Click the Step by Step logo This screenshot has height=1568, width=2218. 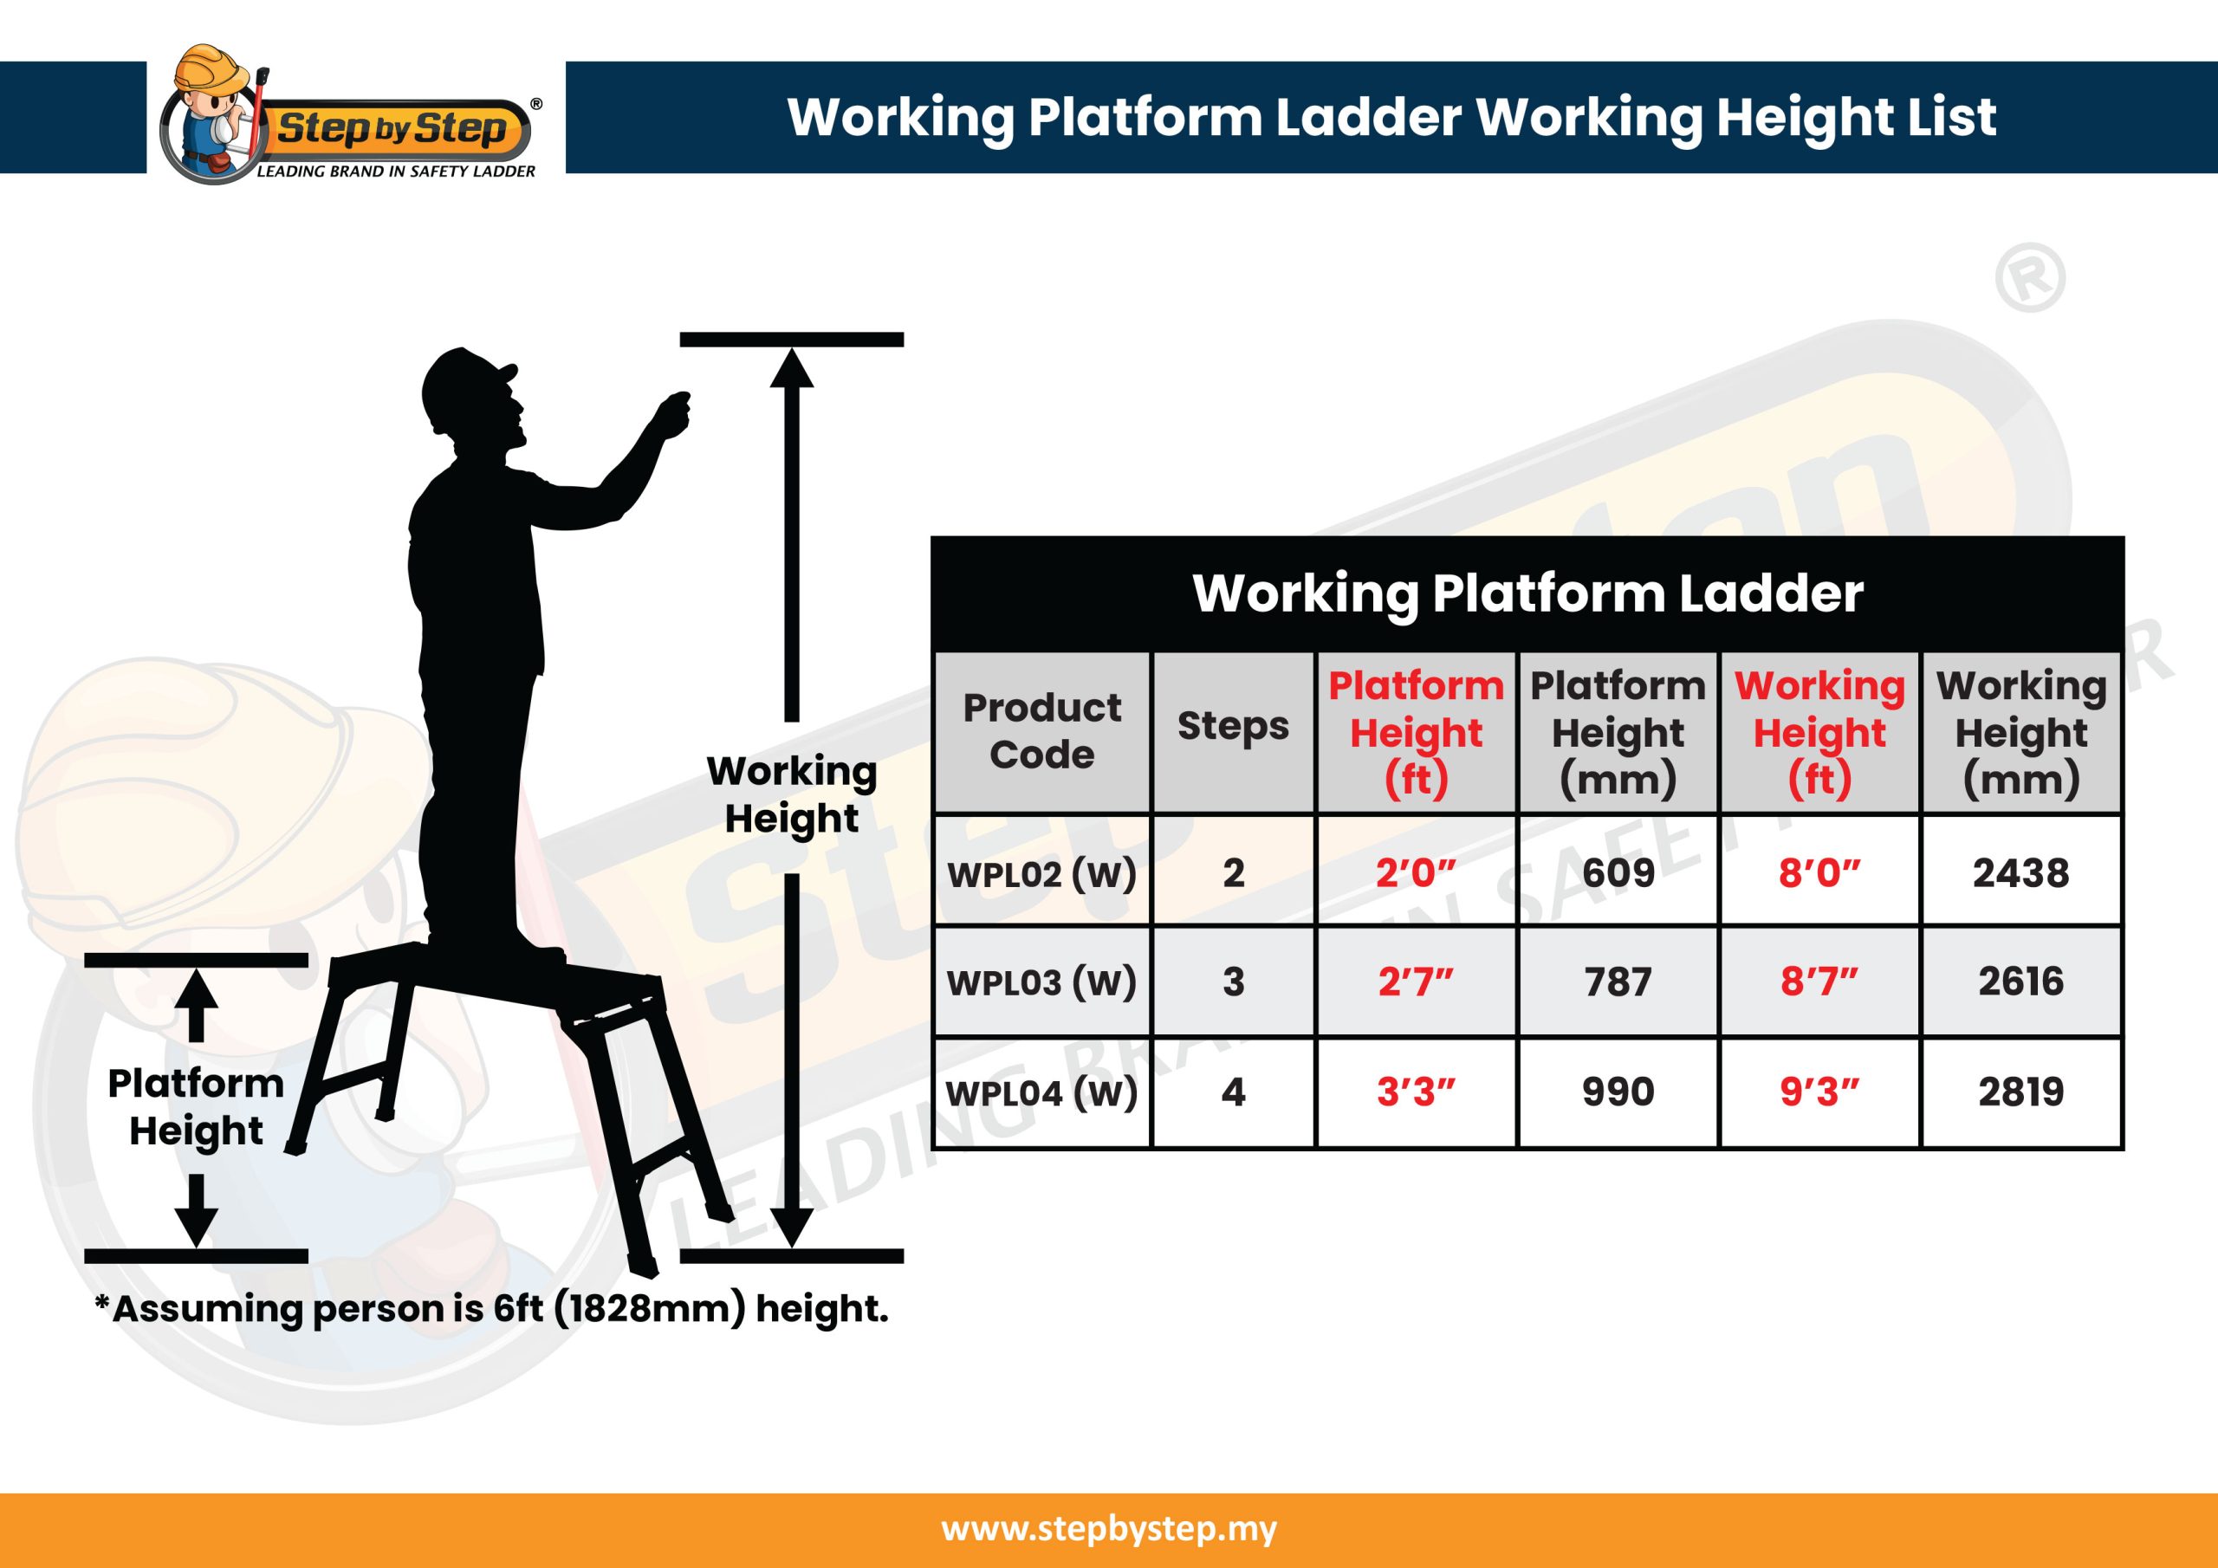[x=350, y=116]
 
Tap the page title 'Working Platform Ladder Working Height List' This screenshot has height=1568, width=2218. [x=1391, y=118]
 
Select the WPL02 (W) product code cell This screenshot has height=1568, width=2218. [x=1041, y=873]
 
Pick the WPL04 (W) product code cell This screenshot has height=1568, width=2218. [x=1041, y=1092]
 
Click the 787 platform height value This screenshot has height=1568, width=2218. [x=1618, y=982]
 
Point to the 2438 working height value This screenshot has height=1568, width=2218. [x=2021, y=872]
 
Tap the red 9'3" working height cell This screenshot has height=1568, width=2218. [x=1819, y=1092]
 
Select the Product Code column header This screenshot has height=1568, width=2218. [x=1041, y=730]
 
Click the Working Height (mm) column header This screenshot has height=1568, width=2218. [x=2021, y=732]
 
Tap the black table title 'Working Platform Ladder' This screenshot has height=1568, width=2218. [x=1527, y=593]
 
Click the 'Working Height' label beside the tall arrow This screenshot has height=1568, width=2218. [x=791, y=794]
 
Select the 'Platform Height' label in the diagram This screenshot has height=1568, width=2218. [x=196, y=1107]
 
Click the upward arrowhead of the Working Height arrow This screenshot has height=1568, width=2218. [x=791, y=368]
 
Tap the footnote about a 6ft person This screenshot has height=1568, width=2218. [x=490, y=1309]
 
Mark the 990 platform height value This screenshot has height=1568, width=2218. [x=1618, y=1092]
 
